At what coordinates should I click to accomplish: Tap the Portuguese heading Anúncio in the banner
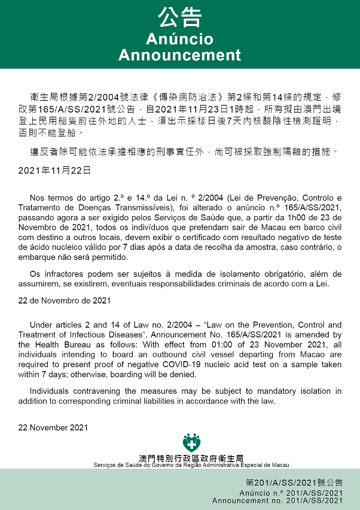coord(179,40)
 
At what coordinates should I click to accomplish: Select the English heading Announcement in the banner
coord(179,55)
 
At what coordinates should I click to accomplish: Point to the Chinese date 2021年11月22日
coord(54,171)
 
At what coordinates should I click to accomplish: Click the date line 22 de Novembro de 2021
coord(64,300)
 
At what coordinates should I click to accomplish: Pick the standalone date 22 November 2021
coord(53,427)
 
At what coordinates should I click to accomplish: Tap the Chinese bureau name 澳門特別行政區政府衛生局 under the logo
coord(191,458)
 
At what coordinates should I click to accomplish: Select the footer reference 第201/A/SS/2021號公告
coord(294,482)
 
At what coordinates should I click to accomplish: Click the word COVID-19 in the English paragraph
coord(229,365)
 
